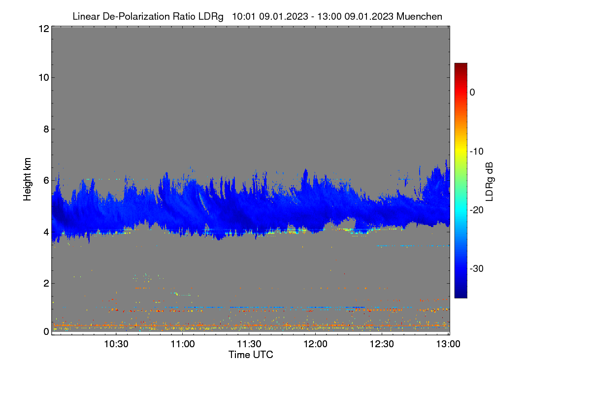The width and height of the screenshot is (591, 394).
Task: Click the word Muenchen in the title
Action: pos(419,16)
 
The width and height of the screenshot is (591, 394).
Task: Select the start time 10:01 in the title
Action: pos(244,16)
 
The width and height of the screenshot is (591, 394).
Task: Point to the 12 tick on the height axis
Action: pos(44,29)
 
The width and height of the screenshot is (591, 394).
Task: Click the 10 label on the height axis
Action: pos(44,78)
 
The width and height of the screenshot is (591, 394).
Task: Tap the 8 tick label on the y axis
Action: pos(46,129)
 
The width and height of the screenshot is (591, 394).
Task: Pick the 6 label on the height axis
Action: pos(46,181)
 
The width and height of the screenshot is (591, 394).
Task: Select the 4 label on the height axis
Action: pos(46,232)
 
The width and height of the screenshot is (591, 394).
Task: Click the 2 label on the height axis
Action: pos(46,283)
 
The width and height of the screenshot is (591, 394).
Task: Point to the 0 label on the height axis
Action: pos(46,331)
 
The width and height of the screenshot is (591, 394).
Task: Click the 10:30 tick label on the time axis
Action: pos(116,344)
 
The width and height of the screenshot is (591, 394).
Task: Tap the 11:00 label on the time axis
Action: pos(183,344)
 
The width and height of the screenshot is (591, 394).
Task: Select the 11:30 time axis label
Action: pos(249,344)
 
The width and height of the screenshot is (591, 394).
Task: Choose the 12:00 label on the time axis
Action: pos(315,344)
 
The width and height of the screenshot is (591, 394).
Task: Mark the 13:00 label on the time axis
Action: pos(448,344)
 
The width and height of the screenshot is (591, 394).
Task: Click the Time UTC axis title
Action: pos(251,355)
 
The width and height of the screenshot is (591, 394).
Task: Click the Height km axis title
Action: pos(27,179)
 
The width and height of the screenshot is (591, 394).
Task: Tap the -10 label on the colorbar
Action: pos(477,152)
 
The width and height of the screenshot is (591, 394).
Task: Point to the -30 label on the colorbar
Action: pos(477,268)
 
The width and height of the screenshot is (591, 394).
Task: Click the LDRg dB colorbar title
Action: pos(490,182)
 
